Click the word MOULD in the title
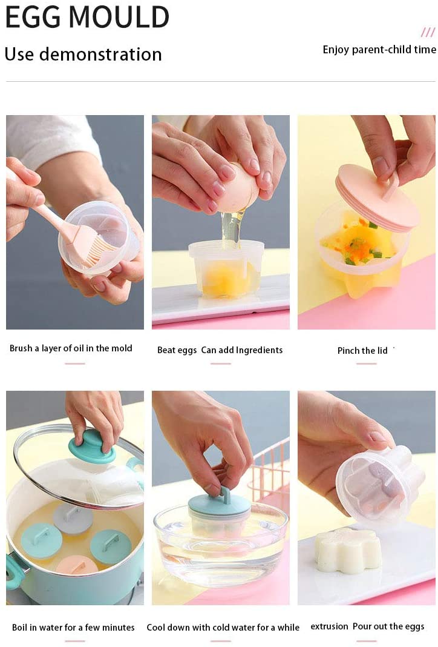coord(119,18)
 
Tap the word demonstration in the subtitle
coord(100,55)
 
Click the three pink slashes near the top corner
coord(428,32)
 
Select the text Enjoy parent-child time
coord(379,50)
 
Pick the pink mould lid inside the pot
coord(77,565)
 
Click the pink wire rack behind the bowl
coord(270,470)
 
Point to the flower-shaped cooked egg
coord(347,549)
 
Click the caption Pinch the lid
coord(362,351)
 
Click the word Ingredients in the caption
coord(259,350)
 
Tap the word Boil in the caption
coord(19,628)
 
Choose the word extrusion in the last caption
coord(329,626)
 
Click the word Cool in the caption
coord(155,628)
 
